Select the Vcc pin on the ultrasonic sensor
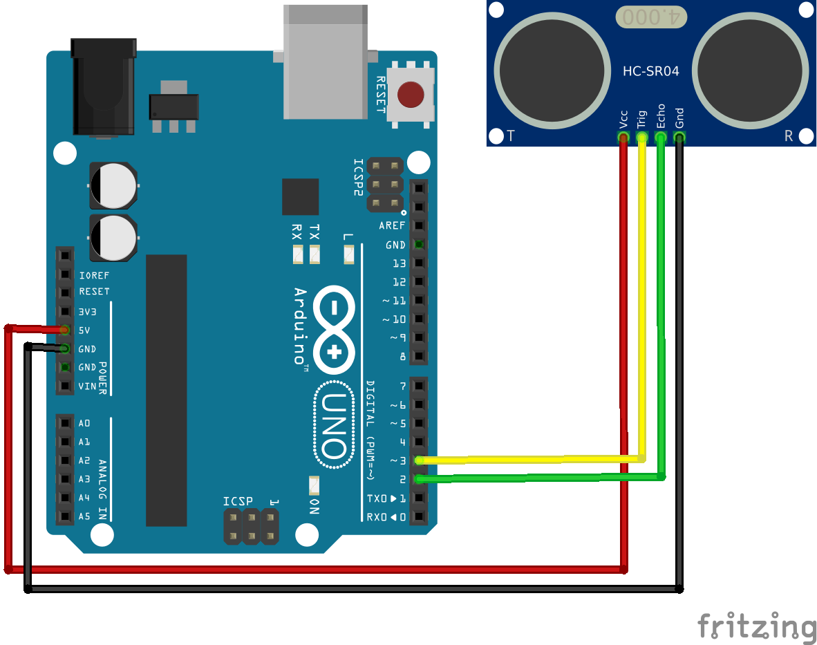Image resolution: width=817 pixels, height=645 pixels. (x=623, y=138)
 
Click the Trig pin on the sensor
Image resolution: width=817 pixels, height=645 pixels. (x=642, y=138)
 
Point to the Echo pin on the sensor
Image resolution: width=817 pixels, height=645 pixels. (x=661, y=138)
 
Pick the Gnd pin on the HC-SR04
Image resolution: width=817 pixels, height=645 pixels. (x=679, y=138)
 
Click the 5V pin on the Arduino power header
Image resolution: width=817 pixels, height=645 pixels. (x=65, y=330)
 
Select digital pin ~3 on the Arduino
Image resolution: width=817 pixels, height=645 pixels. (x=418, y=460)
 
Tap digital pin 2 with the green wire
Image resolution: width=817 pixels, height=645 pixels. (x=418, y=478)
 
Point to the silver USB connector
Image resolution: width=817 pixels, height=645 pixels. (x=325, y=62)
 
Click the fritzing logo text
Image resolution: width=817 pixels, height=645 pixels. (x=756, y=626)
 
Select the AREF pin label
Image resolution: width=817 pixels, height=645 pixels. (x=392, y=226)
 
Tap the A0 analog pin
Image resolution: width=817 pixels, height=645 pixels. (x=65, y=423)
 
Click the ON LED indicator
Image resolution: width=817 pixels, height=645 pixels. (x=314, y=485)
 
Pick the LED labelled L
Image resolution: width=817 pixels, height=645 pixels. (x=348, y=255)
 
